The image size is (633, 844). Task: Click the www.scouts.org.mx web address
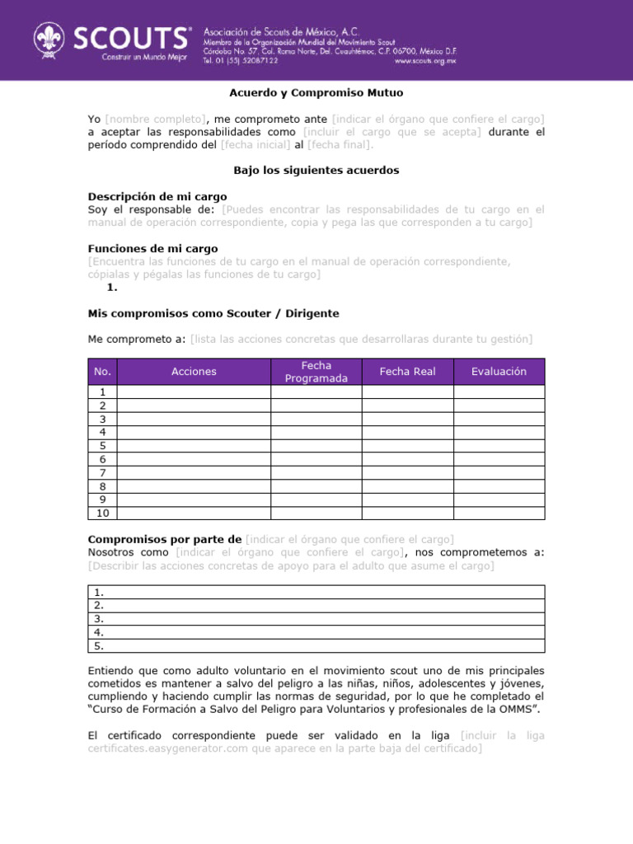[x=424, y=60]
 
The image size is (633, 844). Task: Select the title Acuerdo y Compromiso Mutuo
[x=316, y=93]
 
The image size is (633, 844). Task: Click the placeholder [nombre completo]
[x=156, y=119]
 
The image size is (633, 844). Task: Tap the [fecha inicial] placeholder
[x=256, y=145]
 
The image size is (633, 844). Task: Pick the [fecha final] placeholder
[x=340, y=145]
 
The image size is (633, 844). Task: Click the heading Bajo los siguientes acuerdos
[x=316, y=171]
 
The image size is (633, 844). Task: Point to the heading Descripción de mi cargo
[x=157, y=197]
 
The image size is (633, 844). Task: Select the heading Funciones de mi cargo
[x=152, y=248]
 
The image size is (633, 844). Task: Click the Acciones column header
[x=194, y=372]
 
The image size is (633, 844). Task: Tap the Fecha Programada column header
[x=316, y=372]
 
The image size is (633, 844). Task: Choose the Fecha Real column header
[x=407, y=372]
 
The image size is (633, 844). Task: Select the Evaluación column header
[x=499, y=372]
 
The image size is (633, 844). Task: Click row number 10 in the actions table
[x=103, y=513]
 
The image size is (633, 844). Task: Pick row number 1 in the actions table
[x=103, y=392]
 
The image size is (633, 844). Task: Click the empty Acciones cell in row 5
[x=195, y=446]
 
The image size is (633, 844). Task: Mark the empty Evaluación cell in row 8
[x=499, y=486]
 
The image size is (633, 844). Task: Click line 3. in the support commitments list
[x=99, y=618]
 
